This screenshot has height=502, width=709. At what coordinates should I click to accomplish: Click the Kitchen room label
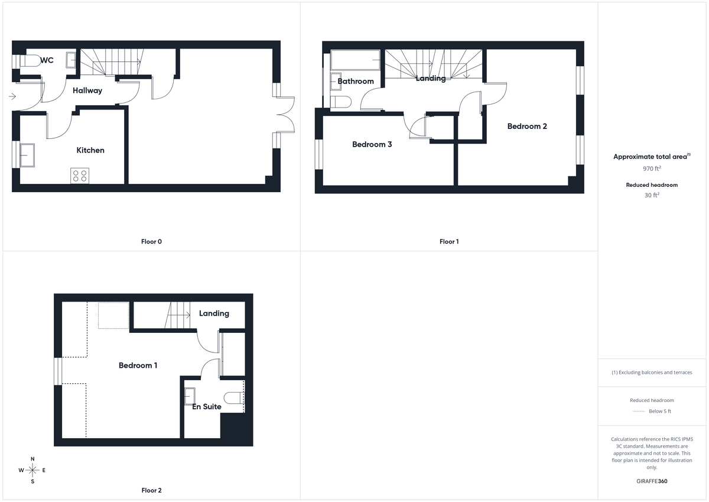pos(90,150)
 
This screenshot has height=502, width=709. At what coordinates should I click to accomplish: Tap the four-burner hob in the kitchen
pos(79,176)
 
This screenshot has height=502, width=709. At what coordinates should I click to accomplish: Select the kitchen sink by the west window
pos(27,155)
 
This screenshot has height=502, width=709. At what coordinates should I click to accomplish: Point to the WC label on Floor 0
pos(47,60)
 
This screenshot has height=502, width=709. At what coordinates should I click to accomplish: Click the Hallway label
pos(87,90)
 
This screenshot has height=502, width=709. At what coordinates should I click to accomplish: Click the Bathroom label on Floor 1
pos(356,81)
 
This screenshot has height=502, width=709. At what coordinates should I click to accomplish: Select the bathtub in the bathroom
pos(355,60)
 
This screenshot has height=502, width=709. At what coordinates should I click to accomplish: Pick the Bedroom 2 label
pos(527,126)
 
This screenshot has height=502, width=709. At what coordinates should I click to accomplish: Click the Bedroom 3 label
pos(372,144)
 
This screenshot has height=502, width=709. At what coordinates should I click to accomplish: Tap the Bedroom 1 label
pos(138,365)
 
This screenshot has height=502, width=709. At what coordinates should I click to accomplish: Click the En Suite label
pos(207,406)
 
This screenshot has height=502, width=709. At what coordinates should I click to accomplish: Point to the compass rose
pos(32,470)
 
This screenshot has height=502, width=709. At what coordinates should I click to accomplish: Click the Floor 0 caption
pos(151,241)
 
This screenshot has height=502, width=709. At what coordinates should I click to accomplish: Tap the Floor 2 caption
pos(151,490)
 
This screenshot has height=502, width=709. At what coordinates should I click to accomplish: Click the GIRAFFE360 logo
pos(652,481)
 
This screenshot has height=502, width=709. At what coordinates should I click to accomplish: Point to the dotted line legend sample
pos(638,411)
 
